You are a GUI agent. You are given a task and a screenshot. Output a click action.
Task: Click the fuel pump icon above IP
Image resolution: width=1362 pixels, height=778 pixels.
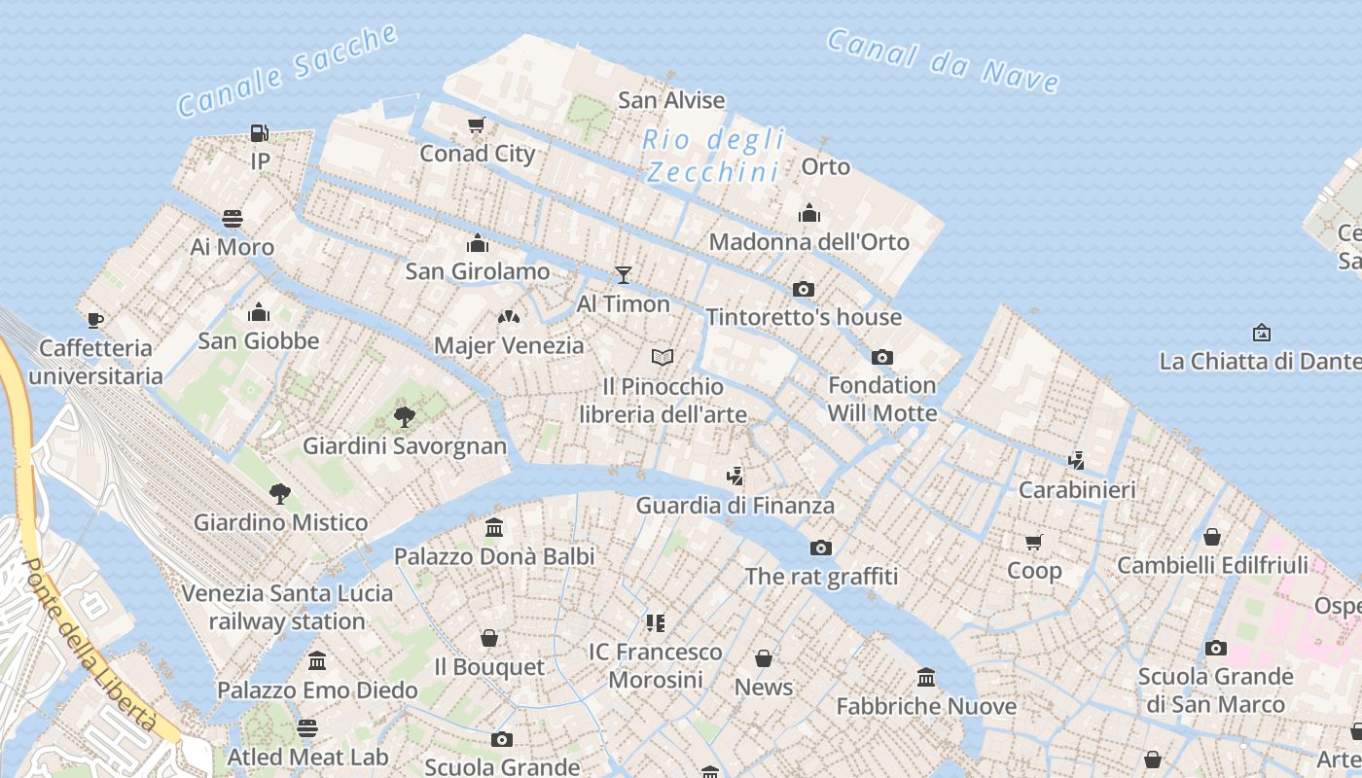259,132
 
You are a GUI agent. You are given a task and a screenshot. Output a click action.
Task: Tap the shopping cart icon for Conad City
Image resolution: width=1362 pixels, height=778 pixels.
477,124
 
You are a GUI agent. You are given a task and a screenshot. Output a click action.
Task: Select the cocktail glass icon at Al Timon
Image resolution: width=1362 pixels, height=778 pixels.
624,275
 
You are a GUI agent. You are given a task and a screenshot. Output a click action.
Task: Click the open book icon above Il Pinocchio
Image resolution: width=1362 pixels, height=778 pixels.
663,358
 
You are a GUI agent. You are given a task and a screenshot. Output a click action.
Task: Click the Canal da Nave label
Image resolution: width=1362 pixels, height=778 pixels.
942,61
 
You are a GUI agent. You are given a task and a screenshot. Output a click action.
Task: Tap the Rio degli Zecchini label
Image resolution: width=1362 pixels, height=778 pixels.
713,156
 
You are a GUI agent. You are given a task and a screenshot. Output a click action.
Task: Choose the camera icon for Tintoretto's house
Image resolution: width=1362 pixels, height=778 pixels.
804,289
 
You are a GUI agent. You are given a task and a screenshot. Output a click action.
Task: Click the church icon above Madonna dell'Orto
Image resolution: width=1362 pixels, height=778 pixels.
809,213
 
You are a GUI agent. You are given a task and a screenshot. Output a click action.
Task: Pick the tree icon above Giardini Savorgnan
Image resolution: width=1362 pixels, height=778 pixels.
405,417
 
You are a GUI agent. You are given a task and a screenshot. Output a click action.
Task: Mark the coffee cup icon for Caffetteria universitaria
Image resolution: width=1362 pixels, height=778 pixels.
94,319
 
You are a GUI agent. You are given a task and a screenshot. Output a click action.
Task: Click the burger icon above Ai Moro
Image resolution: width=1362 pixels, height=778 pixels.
232,218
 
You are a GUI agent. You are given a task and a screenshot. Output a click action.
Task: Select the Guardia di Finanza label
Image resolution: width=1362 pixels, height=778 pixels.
735,506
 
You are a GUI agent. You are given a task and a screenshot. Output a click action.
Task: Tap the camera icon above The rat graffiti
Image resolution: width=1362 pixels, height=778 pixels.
821,548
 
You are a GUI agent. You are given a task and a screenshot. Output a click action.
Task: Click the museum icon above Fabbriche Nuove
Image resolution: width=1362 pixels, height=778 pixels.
926,677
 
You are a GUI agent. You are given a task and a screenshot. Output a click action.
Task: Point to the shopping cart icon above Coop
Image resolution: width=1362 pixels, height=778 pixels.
1033,542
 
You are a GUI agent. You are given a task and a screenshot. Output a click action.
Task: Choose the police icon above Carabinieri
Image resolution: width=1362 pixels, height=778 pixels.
1076,460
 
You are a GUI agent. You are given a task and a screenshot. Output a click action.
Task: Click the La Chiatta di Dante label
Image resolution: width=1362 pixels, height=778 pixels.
1260,362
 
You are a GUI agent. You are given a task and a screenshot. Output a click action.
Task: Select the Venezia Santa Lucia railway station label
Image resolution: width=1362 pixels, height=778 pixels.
287,607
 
